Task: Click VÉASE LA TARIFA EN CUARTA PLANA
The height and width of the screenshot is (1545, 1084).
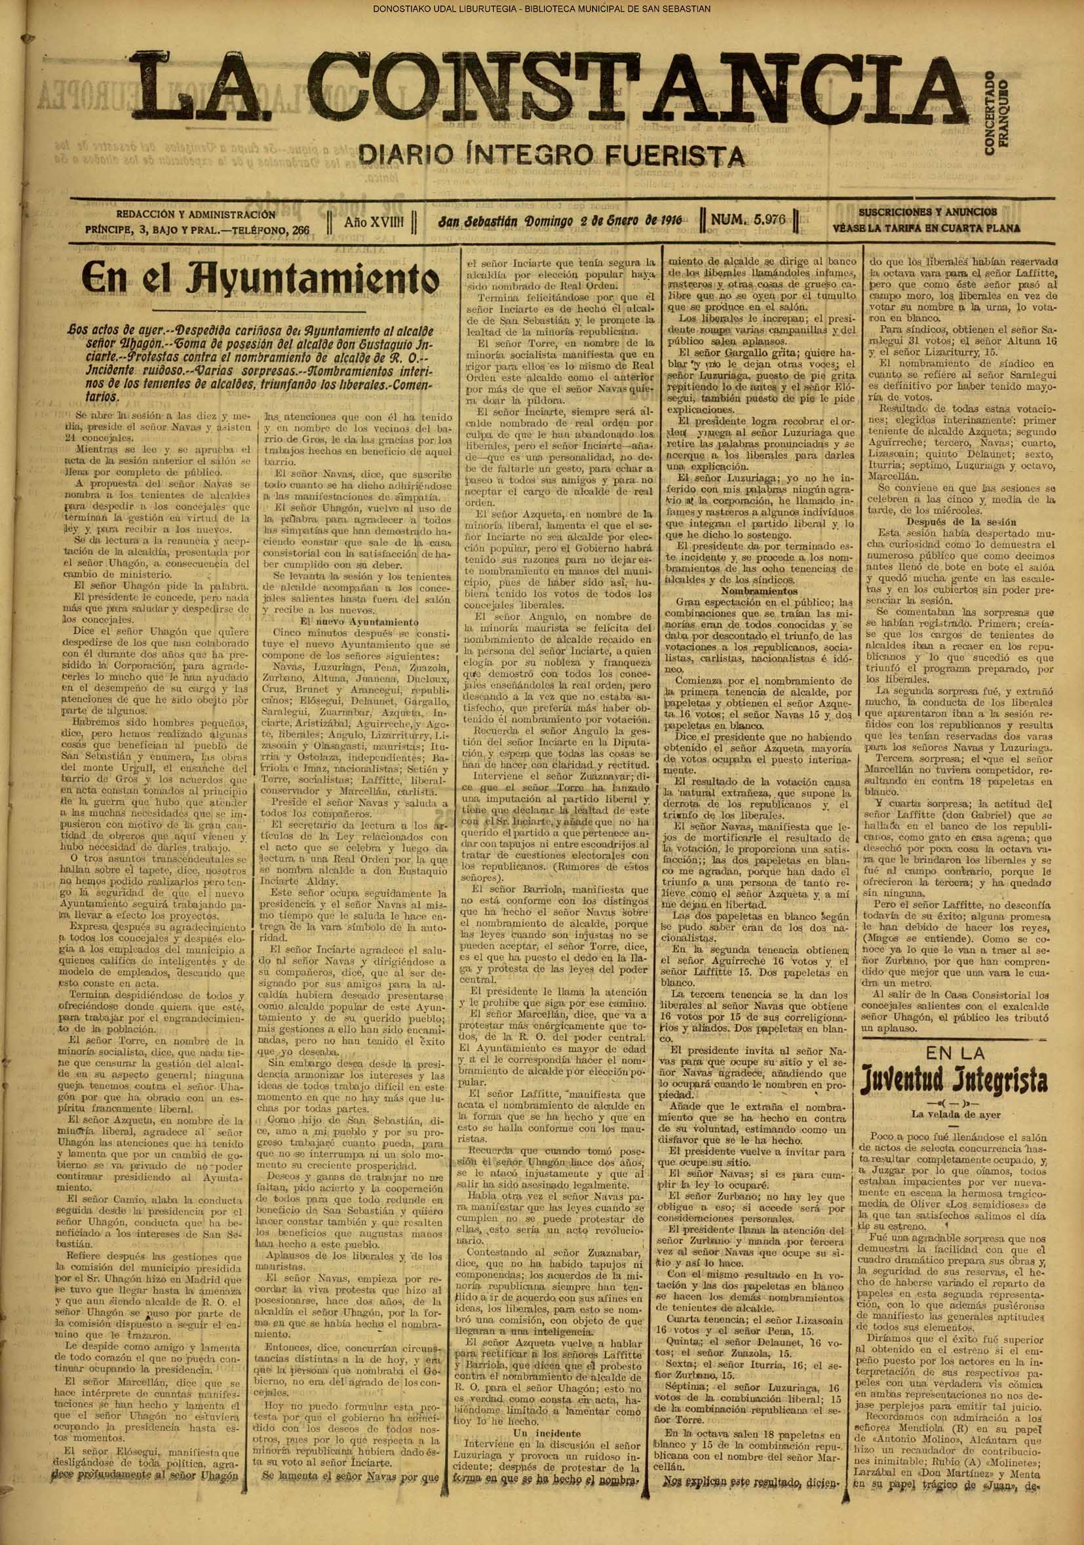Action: [926, 228]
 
